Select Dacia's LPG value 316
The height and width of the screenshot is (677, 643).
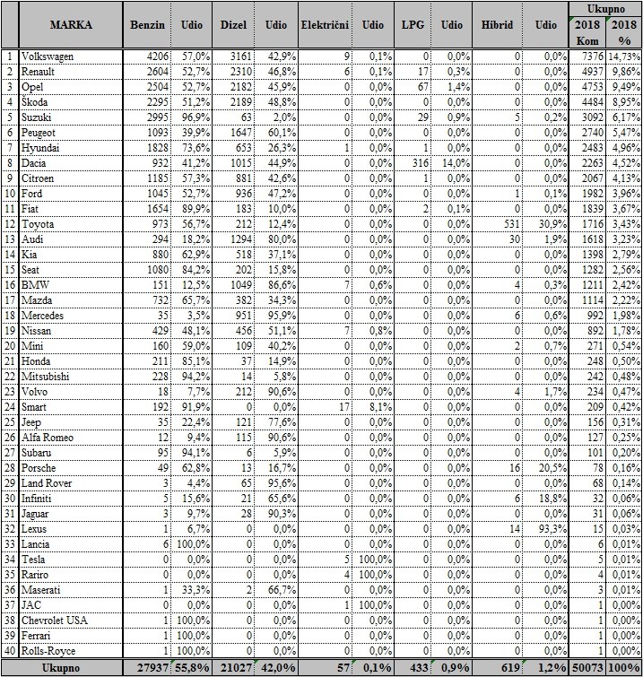[415, 163]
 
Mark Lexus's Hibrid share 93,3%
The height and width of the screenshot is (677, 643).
[551, 528]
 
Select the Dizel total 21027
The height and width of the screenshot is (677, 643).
[238, 666]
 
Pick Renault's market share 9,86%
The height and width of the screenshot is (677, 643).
[626, 72]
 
